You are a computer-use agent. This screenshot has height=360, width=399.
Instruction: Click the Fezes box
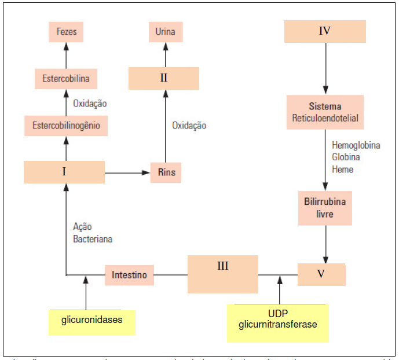click(x=66, y=32)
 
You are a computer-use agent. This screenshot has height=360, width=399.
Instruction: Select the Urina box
click(x=165, y=31)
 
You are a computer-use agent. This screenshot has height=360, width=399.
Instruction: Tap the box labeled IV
click(x=325, y=31)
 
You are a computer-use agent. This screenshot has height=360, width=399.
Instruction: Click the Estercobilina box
click(x=66, y=78)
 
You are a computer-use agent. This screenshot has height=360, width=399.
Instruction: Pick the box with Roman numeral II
click(x=164, y=78)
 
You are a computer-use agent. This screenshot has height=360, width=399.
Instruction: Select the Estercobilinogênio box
click(x=66, y=125)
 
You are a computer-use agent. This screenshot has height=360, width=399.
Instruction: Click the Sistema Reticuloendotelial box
click(x=325, y=112)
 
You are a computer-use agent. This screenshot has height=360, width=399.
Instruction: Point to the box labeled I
click(x=64, y=172)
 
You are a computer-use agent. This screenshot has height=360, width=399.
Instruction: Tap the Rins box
click(x=166, y=172)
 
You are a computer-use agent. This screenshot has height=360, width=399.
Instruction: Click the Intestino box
click(x=130, y=274)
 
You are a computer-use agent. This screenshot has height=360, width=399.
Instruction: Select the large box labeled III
click(x=223, y=274)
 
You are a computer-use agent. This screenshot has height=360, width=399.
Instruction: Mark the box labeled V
click(x=321, y=274)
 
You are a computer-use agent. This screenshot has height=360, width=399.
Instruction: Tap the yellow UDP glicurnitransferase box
click(x=278, y=323)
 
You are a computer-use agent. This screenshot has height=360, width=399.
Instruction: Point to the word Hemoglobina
click(x=356, y=145)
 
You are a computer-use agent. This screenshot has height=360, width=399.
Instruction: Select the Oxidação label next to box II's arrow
click(x=189, y=125)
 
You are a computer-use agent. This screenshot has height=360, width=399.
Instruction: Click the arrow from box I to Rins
click(x=127, y=172)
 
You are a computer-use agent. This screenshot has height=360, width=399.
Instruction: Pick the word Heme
click(x=342, y=169)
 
